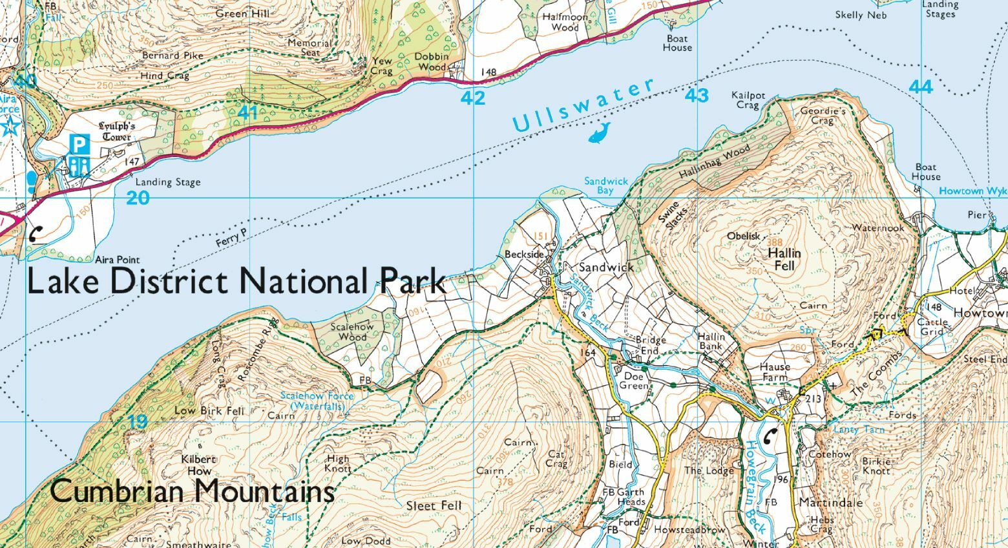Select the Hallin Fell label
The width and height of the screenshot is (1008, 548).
[x=784, y=259]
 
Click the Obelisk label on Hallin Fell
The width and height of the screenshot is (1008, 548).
[x=744, y=236]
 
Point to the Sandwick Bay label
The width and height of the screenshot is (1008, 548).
[x=605, y=186]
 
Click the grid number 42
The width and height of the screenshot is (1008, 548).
[x=473, y=98]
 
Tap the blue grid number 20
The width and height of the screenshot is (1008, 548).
[x=138, y=198]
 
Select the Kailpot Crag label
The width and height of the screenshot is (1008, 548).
[x=748, y=100]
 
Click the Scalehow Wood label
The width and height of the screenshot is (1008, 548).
[x=352, y=332]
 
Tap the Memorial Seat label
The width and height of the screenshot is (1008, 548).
[x=310, y=47]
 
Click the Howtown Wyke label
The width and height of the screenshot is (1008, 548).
[x=972, y=191]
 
